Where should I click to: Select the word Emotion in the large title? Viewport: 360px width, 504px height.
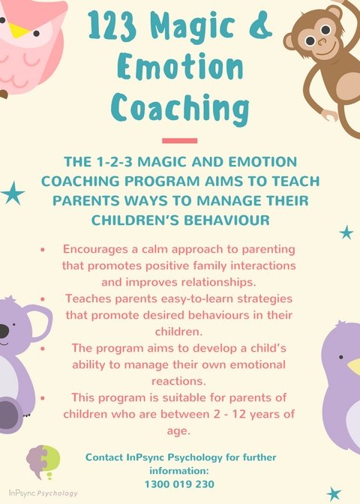tap(179, 70)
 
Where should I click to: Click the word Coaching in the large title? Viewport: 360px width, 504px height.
tap(179, 110)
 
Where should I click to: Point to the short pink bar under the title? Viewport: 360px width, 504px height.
tap(179, 140)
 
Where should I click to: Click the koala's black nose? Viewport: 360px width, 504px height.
tap(3, 331)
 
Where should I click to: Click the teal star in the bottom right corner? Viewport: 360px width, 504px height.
tap(334, 493)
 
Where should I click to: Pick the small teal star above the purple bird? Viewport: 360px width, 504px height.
tap(346, 232)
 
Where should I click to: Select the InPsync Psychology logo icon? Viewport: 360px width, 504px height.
tap(43, 461)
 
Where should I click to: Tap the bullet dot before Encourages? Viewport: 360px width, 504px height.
tap(43, 248)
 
